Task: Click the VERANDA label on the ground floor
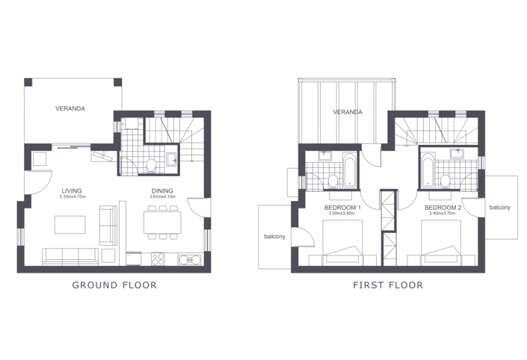(70, 109)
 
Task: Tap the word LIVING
(73, 190)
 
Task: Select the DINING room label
(162, 190)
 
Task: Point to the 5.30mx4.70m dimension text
(73, 197)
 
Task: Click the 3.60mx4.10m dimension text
(162, 197)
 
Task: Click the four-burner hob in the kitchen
(158, 259)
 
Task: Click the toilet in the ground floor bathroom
(152, 164)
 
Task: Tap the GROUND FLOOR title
(114, 285)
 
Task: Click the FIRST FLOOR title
(388, 285)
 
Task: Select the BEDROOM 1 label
(343, 207)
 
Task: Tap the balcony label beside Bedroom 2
(499, 207)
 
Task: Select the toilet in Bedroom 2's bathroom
(446, 180)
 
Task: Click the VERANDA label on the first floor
(348, 112)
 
